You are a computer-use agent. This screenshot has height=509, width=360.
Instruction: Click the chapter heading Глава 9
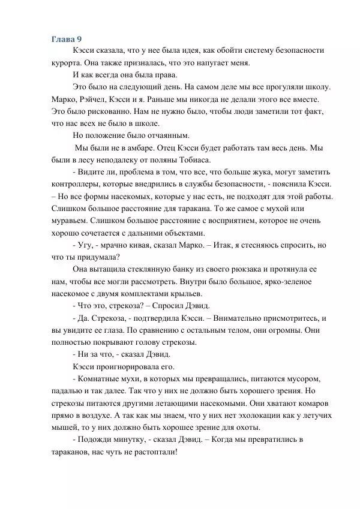pyautogui.click(x=67, y=39)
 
